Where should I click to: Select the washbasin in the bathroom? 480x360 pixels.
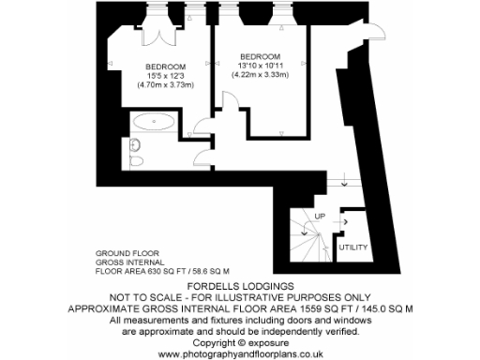pyautogui.click(x=135, y=144)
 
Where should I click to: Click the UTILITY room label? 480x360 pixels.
pyautogui.click(x=352, y=247)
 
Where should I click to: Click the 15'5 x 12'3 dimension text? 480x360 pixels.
pyautogui.click(x=165, y=75)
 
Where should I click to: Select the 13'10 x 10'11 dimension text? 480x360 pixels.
pyautogui.click(x=260, y=64)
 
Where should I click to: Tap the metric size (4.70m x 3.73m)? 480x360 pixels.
pyautogui.click(x=165, y=85)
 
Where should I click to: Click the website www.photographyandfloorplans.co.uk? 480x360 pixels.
pyautogui.click(x=240, y=352)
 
